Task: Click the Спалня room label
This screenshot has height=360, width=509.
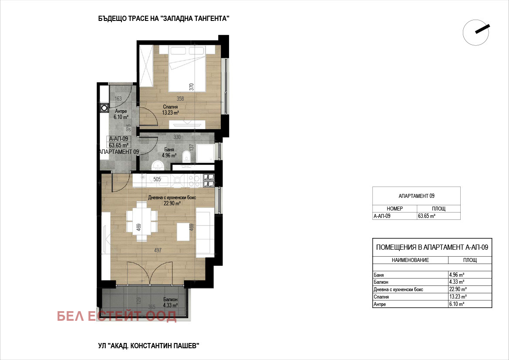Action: coord(170,107)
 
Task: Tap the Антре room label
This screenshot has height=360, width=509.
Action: coord(121,111)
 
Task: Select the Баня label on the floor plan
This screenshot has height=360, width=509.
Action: coord(169,149)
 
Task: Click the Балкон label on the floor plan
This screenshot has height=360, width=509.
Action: coord(170,299)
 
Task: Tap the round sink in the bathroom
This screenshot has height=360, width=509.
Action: coord(158,166)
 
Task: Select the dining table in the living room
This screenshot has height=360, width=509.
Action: coord(142,221)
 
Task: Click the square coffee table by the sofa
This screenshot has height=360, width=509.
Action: coord(183,232)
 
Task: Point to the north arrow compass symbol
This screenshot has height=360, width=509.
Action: coord(476,32)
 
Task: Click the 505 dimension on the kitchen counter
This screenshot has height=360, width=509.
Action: coord(157,179)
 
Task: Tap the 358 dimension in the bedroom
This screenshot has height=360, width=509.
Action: coord(180,98)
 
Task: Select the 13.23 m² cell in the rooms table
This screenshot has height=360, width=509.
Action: coord(458,297)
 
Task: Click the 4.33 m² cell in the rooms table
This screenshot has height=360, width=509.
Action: coord(457,282)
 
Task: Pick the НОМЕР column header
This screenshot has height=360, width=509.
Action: coord(395,209)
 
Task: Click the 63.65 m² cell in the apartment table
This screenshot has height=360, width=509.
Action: coord(427,216)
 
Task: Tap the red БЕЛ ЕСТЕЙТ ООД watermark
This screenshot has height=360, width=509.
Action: coord(117,316)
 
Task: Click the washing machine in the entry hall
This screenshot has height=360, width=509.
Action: coord(104,108)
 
